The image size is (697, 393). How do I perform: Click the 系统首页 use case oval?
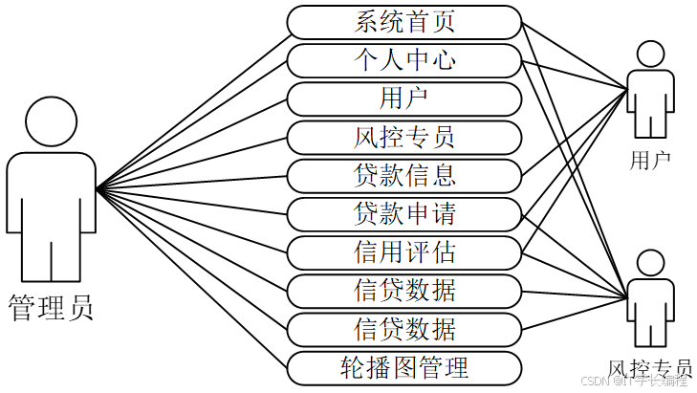pyautogui.click(x=404, y=21)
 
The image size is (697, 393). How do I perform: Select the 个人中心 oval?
pyautogui.click(x=404, y=60)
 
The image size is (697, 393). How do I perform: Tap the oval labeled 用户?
pyautogui.click(x=404, y=98)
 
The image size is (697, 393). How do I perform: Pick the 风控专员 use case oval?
pyautogui.click(x=404, y=137)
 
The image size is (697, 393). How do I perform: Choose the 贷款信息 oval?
pyautogui.click(x=404, y=175)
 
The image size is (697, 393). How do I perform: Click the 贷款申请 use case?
pyautogui.click(x=404, y=213)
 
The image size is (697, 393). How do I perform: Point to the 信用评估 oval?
pyautogui.click(x=404, y=251)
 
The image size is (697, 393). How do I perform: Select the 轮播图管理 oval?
pyautogui.click(x=404, y=366)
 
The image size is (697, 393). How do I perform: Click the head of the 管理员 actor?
pyautogui.click(x=51, y=121)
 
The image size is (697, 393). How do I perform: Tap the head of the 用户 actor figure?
pyautogui.click(x=651, y=55)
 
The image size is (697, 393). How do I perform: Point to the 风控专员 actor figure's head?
pyautogui.click(x=650, y=264)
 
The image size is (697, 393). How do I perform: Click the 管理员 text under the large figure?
pyautogui.click(x=51, y=308)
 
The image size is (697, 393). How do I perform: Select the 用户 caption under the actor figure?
pyautogui.click(x=650, y=160)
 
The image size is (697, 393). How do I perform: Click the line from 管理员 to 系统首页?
pyautogui.click(x=191, y=105)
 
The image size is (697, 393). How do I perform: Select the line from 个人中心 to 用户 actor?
pyautogui.click(x=574, y=74)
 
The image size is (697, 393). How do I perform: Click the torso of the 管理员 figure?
pyautogui.click(x=51, y=196)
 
